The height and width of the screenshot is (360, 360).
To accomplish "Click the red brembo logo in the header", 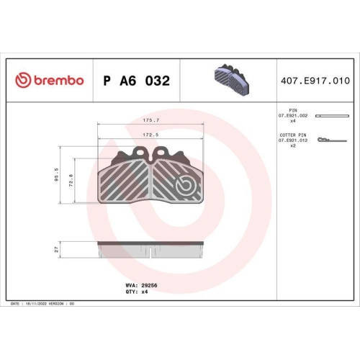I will click(50, 81).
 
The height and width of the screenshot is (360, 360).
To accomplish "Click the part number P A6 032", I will click(137, 81).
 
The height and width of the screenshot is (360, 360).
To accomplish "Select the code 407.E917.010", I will click(316, 81).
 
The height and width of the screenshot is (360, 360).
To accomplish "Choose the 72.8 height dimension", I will click(70, 181).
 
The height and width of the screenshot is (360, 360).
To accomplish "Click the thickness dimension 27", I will click(57, 248).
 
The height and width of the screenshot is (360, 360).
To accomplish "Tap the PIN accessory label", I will click(292, 110).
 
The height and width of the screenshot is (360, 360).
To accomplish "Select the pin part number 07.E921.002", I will click(292, 116).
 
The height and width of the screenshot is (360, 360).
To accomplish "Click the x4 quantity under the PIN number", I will click(292, 122).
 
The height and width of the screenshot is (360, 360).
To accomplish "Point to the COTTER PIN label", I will click(292, 135).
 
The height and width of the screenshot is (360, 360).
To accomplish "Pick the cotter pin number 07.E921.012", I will click(292, 140).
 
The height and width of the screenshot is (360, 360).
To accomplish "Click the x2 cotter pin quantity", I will click(292, 146).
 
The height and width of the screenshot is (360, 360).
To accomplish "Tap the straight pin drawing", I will click(332, 116).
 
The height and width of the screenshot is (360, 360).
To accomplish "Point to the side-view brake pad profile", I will click(151, 248).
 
